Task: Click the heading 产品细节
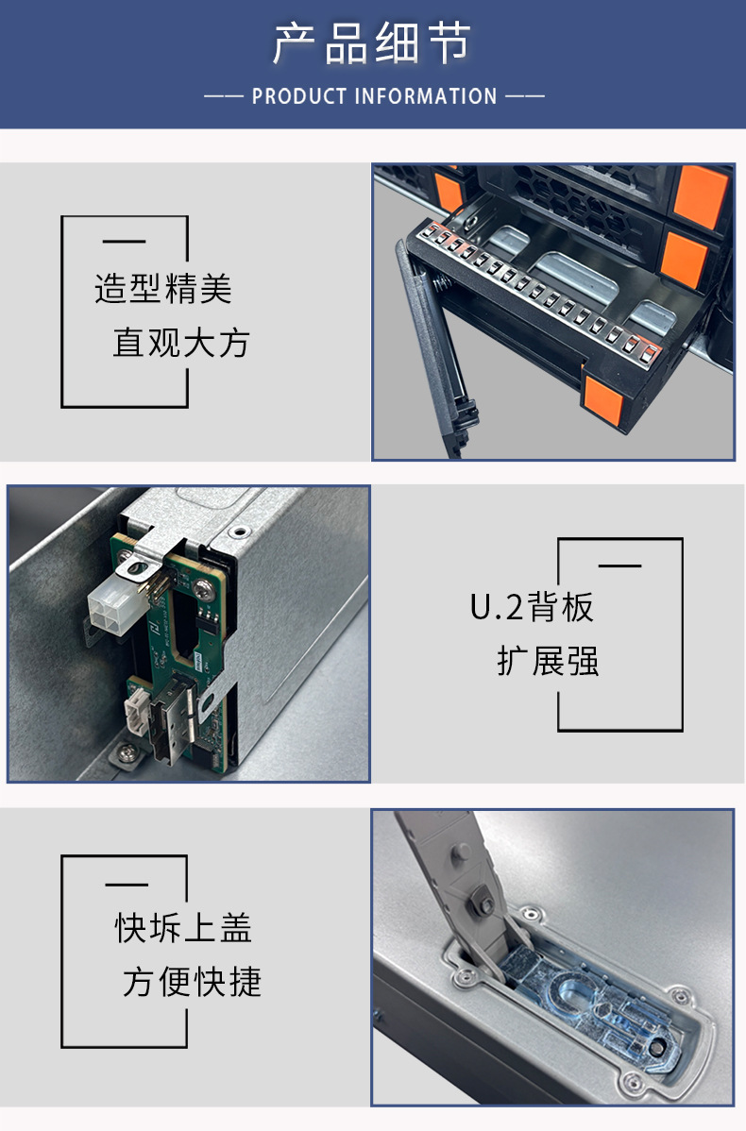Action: [x=372, y=44]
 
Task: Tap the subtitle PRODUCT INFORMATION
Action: [x=374, y=96]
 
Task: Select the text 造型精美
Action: [x=162, y=289]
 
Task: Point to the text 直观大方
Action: [x=180, y=343]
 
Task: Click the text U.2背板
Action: [x=533, y=607]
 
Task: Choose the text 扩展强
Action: [x=548, y=661]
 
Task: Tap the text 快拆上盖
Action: [x=183, y=928]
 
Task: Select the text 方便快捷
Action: [x=192, y=982]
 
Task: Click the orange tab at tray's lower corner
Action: [x=602, y=401]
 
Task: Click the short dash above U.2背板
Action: [x=620, y=565]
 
